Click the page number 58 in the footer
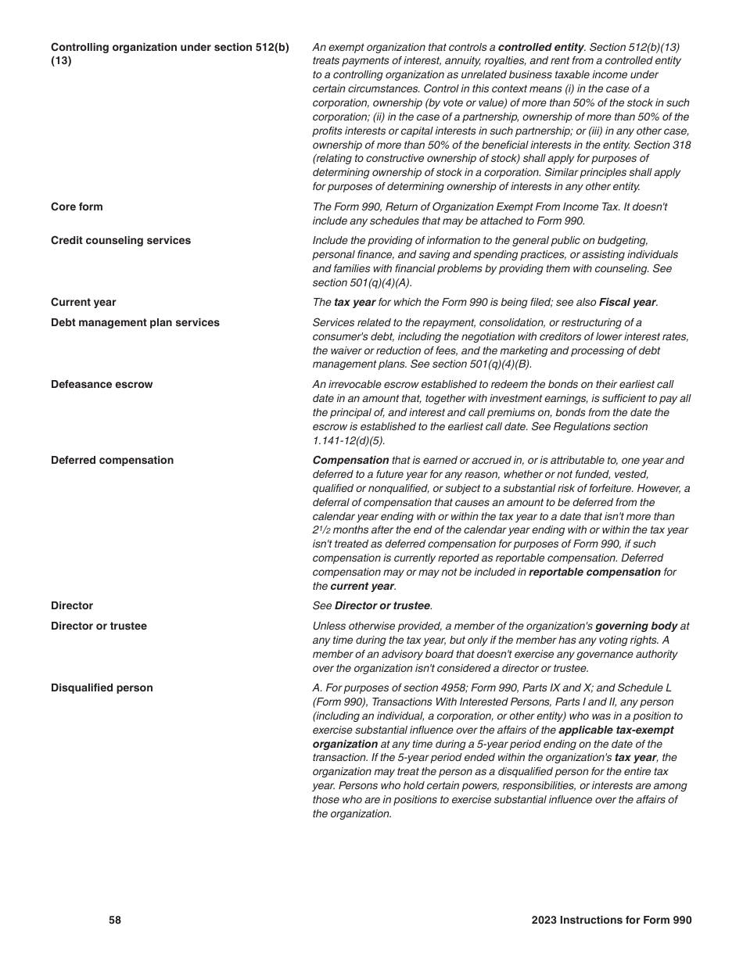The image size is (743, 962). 115,921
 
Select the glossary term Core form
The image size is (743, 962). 77,207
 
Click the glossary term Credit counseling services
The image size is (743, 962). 120,241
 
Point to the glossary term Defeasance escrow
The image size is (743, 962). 102,385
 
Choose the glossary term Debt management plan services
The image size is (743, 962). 135,323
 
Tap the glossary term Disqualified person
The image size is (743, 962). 102,688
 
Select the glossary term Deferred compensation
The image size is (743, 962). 112,461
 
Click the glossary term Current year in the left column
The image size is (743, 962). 83,303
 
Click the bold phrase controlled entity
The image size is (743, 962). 540,48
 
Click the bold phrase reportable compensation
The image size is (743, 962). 594,573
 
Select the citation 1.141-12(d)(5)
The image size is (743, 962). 349,441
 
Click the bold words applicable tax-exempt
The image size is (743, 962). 616,730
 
